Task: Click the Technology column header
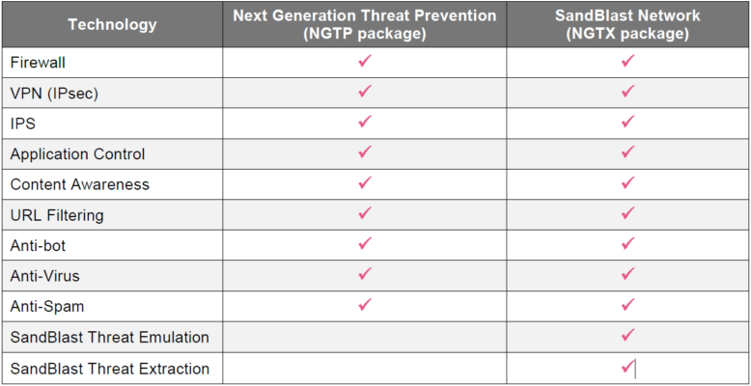[x=112, y=24]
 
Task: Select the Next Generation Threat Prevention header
[x=365, y=24]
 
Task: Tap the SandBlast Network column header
[x=627, y=24]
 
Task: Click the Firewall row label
[x=38, y=63]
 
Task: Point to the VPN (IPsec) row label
[x=54, y=94]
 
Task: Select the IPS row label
[x=23, y=124]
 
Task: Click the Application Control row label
[x=77, y=154]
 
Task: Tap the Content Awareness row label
[x=80, y=185]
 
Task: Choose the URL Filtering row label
[x=57, y=215]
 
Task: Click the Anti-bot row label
[x=38, y=246]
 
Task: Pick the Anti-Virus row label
[x=45, y=276]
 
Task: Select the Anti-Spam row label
[x=47, y=307]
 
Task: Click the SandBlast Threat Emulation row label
[x=110, y=337]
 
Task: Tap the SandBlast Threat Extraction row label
[x=110, y=369]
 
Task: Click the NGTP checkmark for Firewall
[x=365, y=61]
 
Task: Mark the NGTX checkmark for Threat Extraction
[x=627, y=368]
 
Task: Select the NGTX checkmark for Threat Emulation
[x=627, y=334]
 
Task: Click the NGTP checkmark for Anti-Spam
[x=365, y=304]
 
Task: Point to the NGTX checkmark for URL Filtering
[x=627, y=212]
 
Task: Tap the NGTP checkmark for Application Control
[x=365, y=152]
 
